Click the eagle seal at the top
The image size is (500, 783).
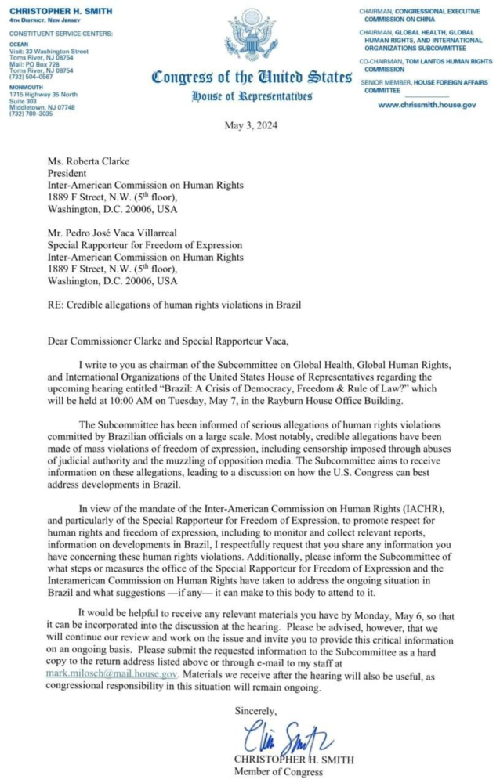coord(251,34)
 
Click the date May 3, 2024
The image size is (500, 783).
coord(250,125)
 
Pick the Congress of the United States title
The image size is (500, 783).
coord(251,78)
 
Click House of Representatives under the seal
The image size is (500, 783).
coord(251,96)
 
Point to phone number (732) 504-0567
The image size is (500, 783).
coord(33,76)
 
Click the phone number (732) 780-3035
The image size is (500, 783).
coord(33,114)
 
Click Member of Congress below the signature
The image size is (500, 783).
coord(278,771)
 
